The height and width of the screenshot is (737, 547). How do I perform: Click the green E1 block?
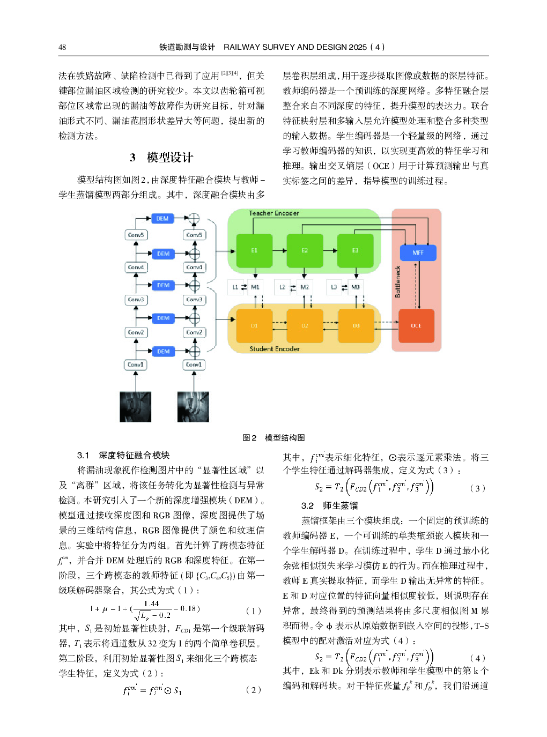coord(254,250)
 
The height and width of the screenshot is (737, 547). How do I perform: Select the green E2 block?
coord(305,250)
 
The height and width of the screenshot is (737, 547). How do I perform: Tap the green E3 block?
coord(355,250)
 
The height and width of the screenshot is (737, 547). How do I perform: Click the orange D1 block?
coord(254,325)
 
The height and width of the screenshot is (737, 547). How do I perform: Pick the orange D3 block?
coord(356,325)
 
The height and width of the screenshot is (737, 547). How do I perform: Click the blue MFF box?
coord(418,252)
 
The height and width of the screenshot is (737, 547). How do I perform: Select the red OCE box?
coord(416,325)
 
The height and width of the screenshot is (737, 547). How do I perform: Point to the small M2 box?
coord(305,287)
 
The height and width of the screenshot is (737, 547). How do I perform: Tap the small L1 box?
coord(235,287)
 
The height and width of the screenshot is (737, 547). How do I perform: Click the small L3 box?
coord(334,287)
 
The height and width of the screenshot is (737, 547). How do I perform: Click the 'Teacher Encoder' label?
coord(273,213)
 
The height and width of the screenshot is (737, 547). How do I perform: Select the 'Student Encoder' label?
coord(274,349)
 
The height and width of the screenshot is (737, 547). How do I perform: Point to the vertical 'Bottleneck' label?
coord(398,282)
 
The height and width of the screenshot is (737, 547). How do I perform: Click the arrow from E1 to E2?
coord(279,250)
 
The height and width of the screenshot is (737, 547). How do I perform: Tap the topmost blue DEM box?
coord(162,219)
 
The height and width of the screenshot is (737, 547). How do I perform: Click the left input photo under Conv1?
coord(135,407)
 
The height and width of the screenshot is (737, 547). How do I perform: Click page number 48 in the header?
coord(62,47)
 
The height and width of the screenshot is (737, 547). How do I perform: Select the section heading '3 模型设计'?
coord(161,158)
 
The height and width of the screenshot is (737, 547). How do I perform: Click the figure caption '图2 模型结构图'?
coord(273,438)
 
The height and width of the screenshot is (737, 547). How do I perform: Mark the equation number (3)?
coord(477,488)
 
